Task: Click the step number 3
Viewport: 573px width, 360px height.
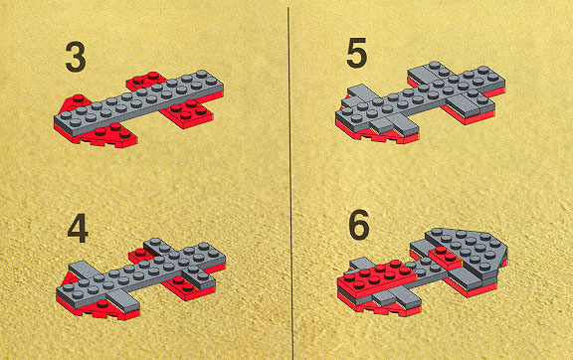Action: tap(76, 57)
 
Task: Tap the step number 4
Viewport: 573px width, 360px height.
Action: tap(78, 228)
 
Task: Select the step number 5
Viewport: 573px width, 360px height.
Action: tap(356, 54)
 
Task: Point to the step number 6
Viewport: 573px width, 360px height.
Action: tap(359, 225)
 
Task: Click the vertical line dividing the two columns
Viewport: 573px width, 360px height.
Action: tap(290, 183)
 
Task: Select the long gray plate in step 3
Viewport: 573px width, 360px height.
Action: tap(139, 103)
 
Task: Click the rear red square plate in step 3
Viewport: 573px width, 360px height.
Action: tap(146, 82)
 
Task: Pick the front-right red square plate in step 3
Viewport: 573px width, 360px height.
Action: tap(187, 112)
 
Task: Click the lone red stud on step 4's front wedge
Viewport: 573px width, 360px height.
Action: tap(103, 303)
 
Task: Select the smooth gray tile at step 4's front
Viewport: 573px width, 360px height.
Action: tap(123, 300)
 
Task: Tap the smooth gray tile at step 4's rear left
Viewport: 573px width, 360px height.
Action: tap(85, 270)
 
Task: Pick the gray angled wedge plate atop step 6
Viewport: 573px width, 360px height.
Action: tap(469, 250)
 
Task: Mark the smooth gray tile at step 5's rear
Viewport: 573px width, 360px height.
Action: tap(422, 76)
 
